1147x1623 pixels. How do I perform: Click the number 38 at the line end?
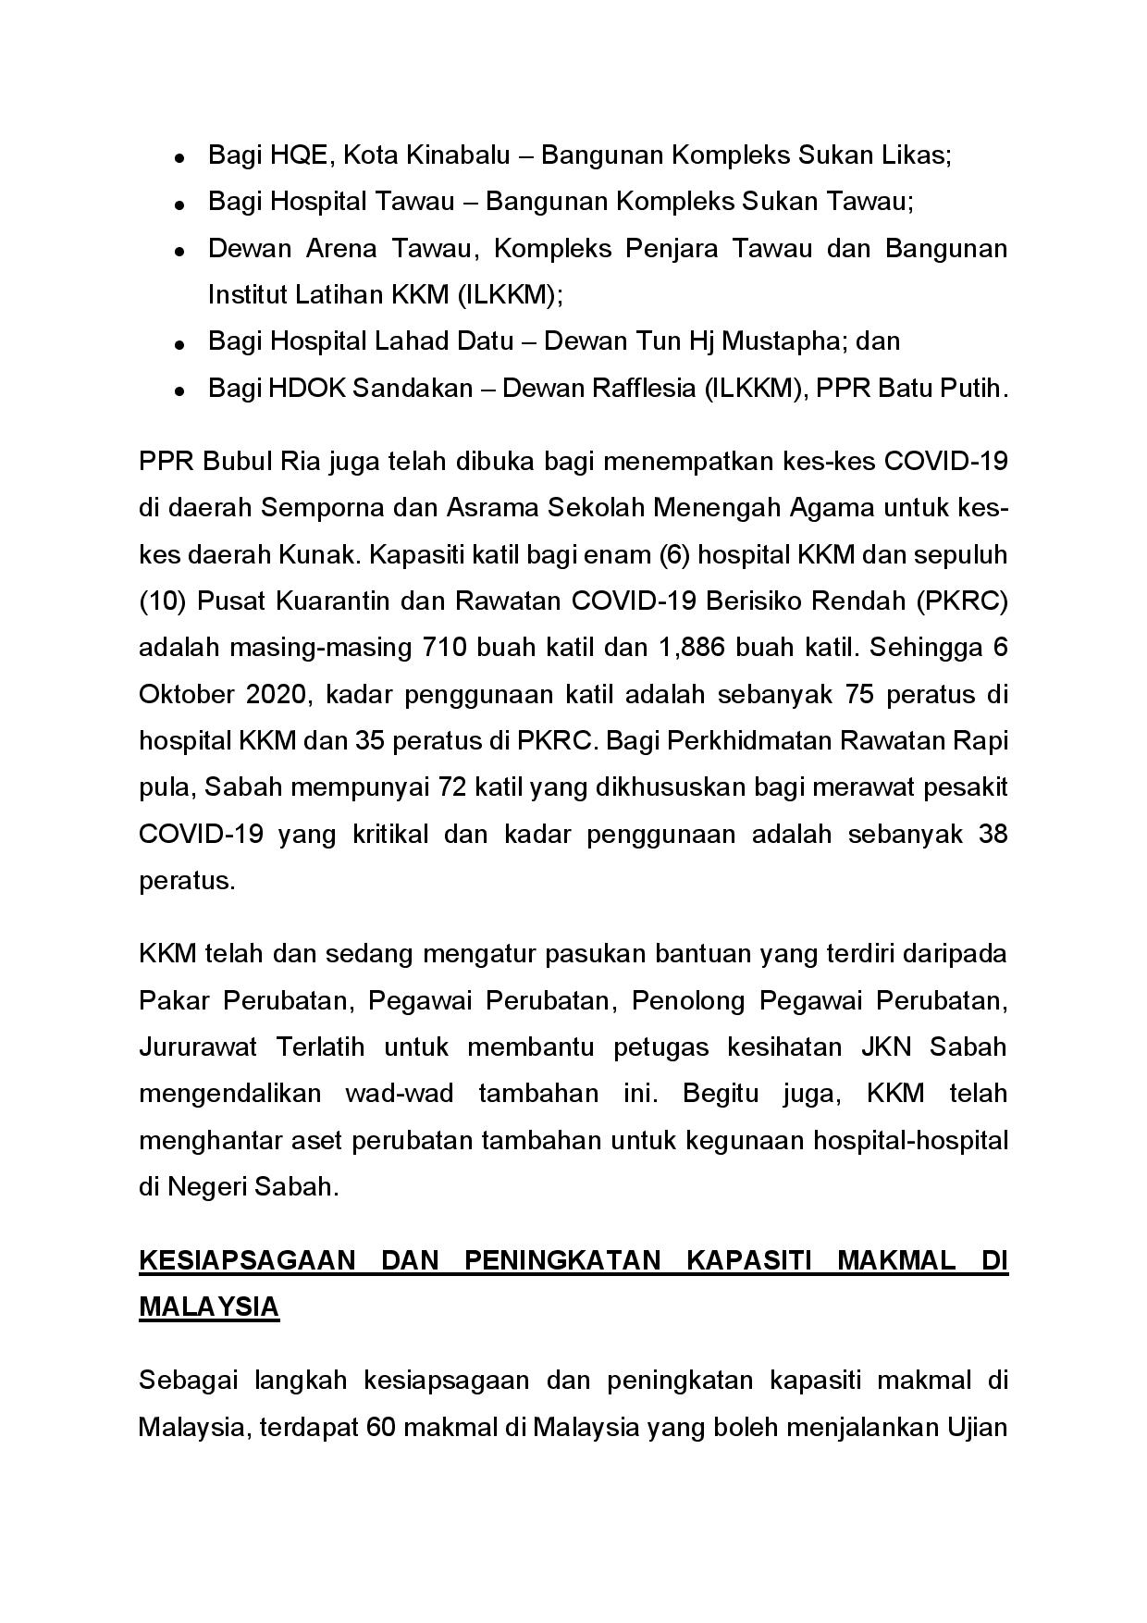click(992, 834)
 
